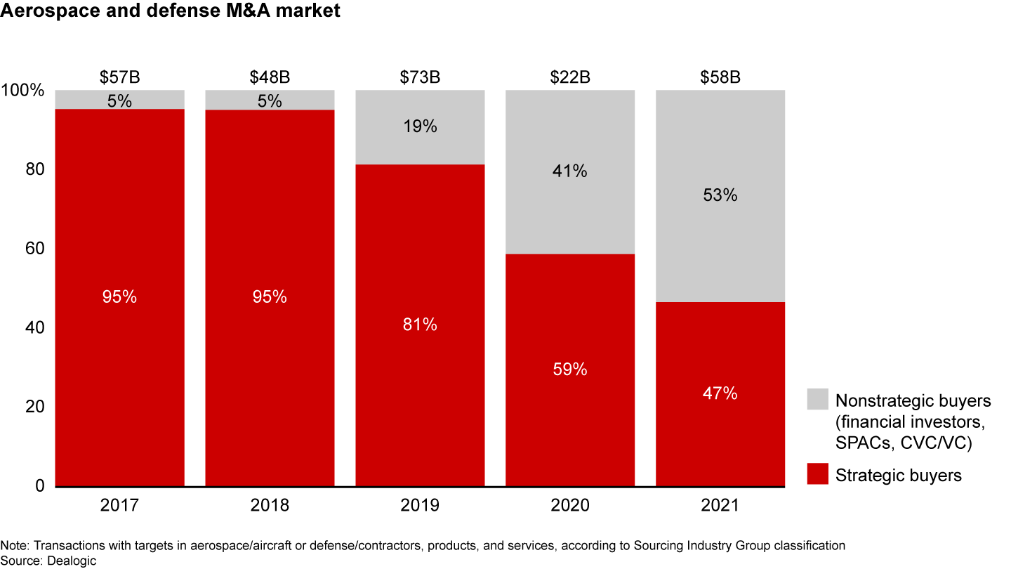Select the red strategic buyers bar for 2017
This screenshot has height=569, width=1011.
pos(120,365)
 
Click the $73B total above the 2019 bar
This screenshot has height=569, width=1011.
pos(420,77)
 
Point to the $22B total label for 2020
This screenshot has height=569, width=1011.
pos(570,77)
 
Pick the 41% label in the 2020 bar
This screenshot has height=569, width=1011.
pos(570,171)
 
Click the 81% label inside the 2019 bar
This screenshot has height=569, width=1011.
pos(420,325)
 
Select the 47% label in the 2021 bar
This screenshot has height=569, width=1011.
pos(720,393)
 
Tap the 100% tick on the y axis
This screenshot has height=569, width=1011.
pos(24,91)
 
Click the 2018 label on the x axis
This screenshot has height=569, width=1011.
pos(270,506)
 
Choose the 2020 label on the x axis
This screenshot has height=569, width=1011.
pos(570,506)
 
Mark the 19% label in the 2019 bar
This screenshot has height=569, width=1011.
pos(420,126)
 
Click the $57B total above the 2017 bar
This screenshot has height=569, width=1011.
pos(120,77)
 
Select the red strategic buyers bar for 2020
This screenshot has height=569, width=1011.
pos(570,421)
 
